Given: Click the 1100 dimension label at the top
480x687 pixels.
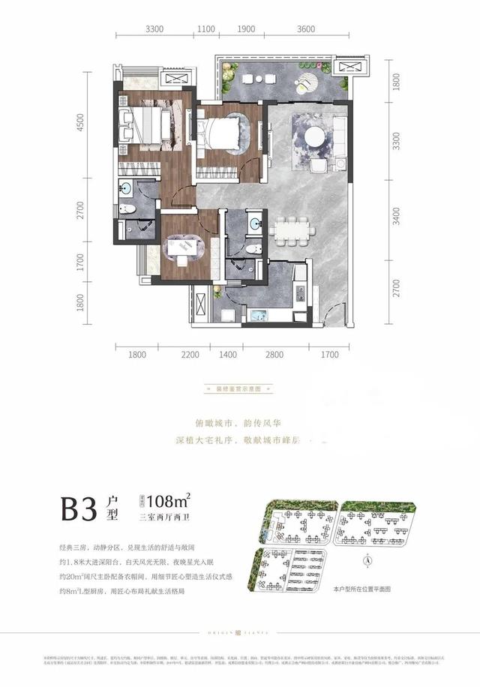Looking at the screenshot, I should tap(206, 28).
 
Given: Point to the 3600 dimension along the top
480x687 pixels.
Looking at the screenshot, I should tap(305, 28).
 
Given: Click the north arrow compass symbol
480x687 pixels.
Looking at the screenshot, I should tap(367, 559).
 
